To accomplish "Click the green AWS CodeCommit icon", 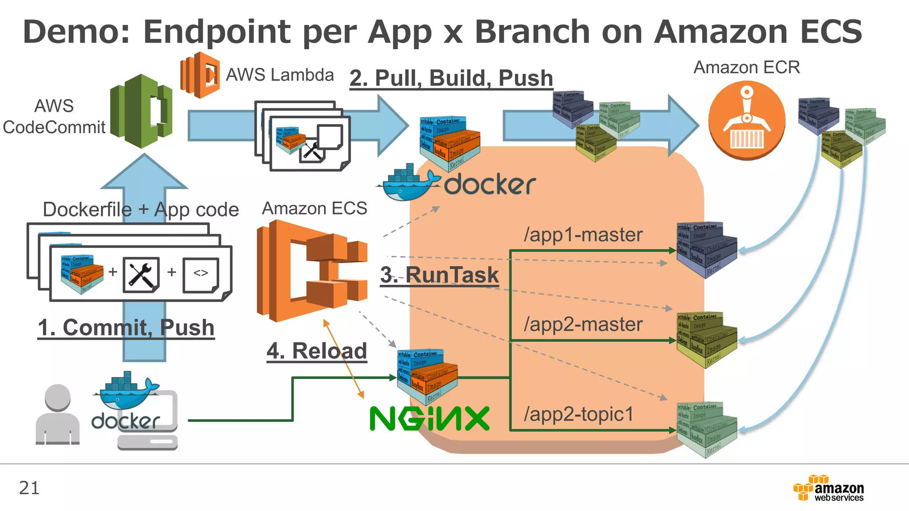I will [141, 111].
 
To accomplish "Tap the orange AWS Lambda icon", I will [200, 75].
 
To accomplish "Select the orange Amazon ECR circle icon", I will [747, 120].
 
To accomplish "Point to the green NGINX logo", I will [429, 418].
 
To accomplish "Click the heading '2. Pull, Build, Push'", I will [451, 78].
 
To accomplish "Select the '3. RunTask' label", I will [439, 275].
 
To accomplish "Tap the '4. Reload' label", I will [316, 351].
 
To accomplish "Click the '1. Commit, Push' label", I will [126, 328].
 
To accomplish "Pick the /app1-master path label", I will [583, 235].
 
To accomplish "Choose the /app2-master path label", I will [583, 324].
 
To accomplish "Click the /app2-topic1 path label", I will [578, 414].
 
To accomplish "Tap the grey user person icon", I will [58, 414].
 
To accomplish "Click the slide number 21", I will [29, 488].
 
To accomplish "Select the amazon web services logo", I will [829, 488].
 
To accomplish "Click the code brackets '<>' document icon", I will [201, 275].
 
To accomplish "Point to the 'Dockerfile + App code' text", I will [141, 209].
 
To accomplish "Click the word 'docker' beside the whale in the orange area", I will [490, 184].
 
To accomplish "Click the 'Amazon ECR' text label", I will [747, 67].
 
